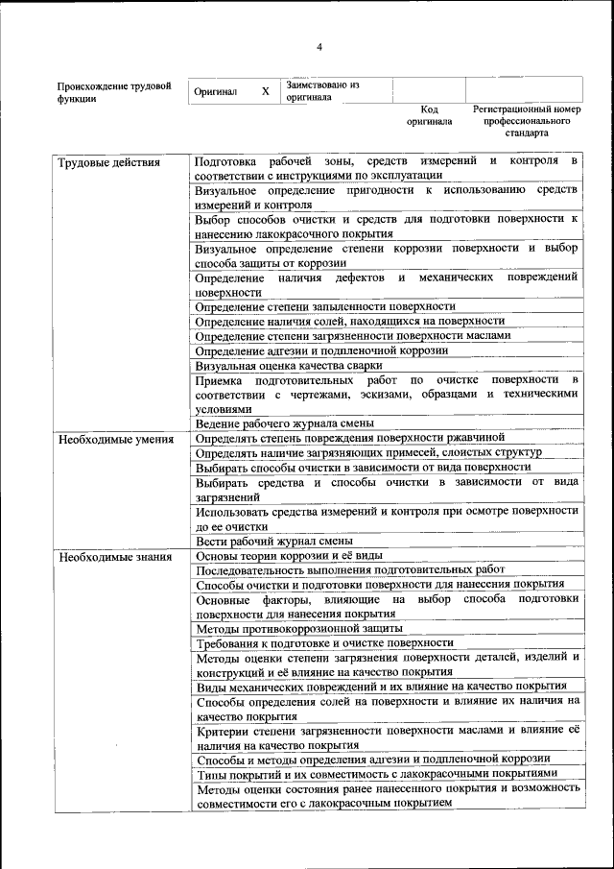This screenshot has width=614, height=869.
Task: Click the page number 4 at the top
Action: pos(319,47)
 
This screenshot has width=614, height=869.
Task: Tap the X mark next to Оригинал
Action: pos(266,91)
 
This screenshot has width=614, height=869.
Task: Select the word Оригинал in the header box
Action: pos(216,91)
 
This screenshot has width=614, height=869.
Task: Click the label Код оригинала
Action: pos(429,115)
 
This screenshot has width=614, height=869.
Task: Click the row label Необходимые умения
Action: pos(115,440)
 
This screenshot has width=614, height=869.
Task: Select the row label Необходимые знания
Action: pos(114,556)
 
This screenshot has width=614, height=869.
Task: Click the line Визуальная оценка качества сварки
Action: pos(289,365)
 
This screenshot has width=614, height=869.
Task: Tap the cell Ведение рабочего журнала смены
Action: pos(284,422)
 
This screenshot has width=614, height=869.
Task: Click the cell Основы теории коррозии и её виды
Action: pos(289,556)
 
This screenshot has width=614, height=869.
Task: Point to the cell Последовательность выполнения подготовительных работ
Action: pos(349,569)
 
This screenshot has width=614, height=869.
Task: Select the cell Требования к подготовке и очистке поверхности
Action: pos(324,642)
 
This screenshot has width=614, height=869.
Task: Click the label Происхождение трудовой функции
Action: pos(114,91)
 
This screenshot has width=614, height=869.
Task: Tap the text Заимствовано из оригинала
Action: pos(321,90)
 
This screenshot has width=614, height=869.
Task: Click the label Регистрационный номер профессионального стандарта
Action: pos(527,121)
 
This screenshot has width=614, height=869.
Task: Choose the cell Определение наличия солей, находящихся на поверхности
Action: pos(349,321)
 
